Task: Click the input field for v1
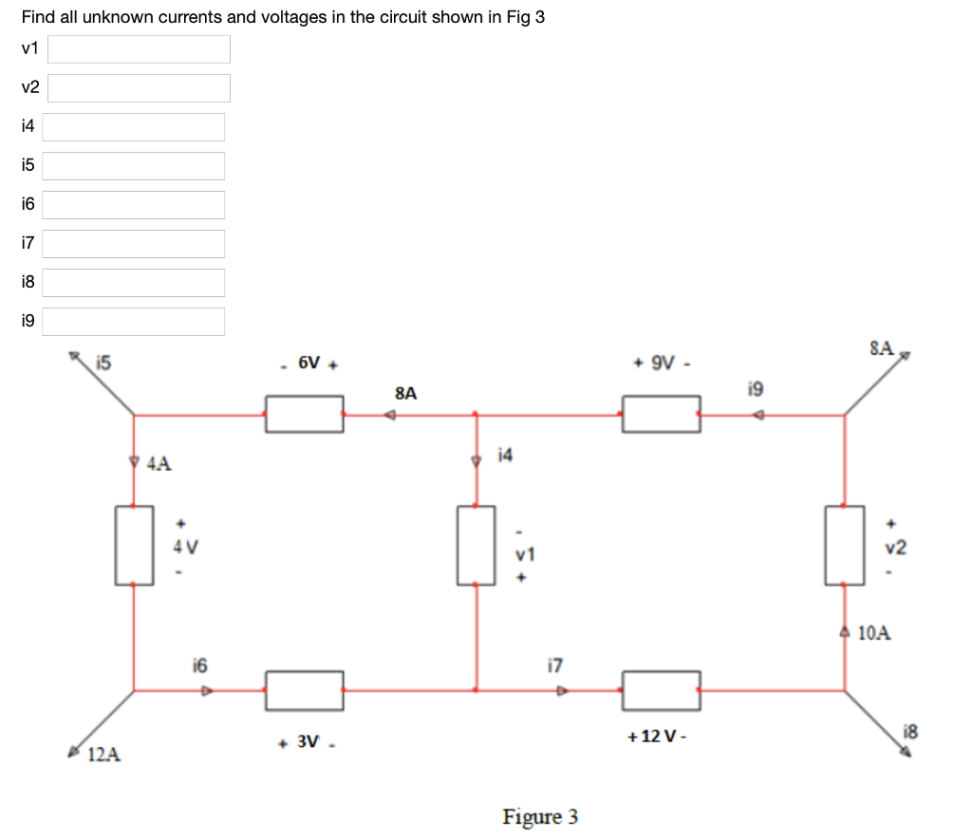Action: tap(139, 49)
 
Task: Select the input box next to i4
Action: tap(133, 127)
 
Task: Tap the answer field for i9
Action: tap(133, 322)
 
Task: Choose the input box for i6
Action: tap(133, 205)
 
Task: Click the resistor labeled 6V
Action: tap(304, 415)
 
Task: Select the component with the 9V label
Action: tap(662, 415)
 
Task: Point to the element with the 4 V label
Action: tap(135, 545)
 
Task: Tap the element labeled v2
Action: tap(844, 545)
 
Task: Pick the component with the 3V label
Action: tap(304, 690)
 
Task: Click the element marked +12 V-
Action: tap(662, 690)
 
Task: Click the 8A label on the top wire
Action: tap(405, 392)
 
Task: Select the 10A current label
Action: tap(874, 633)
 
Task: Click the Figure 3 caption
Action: tap(540, 816)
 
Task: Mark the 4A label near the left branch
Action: tap(159, 464)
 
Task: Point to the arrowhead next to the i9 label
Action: tap(757, 415)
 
